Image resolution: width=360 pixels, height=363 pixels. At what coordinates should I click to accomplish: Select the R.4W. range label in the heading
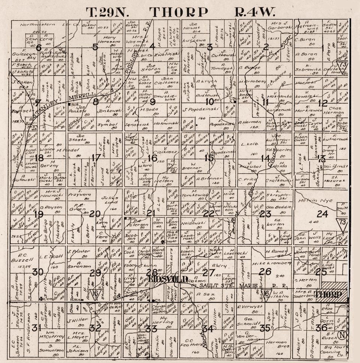tap(255, 12)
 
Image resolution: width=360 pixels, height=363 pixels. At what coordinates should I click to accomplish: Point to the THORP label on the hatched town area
tap(329, 294)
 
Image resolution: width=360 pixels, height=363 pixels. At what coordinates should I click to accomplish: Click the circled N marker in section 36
tap(341, 335)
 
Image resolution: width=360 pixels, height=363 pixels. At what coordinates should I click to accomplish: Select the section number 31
tap(36, 329)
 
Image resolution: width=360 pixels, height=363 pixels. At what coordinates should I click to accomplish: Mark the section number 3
tap(210, 47)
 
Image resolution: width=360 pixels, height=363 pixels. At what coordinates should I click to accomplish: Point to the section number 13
tap(321, 158)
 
